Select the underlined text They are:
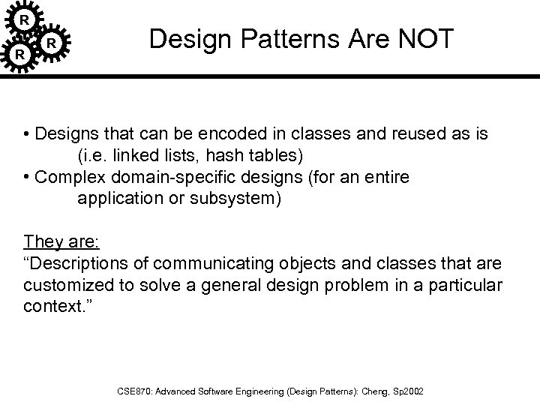[x=55, y=241]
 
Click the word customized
[x=64, y=286]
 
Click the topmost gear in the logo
[x=25, y=17]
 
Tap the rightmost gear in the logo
[x=52, y=43]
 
